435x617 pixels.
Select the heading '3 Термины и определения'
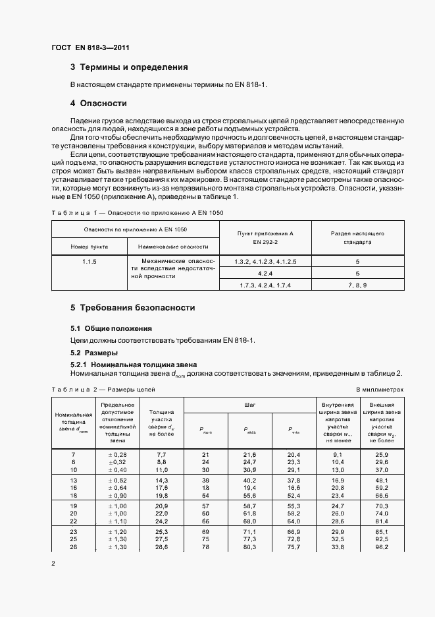click(x=129, y=67)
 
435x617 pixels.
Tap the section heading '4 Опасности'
click(x=98, y=103)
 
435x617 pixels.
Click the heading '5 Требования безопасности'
click(x=132, y=308)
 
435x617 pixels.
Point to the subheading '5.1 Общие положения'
click(x=111, y=328)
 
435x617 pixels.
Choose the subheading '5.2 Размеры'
click(x=94, y=353)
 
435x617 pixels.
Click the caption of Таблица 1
click(x=138, y=213)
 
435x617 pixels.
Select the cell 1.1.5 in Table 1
click(x=90, y=262)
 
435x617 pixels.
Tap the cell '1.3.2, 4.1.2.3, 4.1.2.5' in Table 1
click(x=265, y=262)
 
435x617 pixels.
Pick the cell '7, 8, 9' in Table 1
click(x=357, y=284)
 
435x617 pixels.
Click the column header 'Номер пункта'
click(x=90, y=246)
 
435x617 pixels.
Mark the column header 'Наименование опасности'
click(x=173, y=246)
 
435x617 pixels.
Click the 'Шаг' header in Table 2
click(x=249, y=403)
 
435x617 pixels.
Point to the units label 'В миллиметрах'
click(x=380, y=390)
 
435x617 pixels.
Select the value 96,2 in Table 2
click(x=381, y=547)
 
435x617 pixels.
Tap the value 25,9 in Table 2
click(x=381, y=455)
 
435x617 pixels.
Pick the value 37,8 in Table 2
click(x=294, y=481)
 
